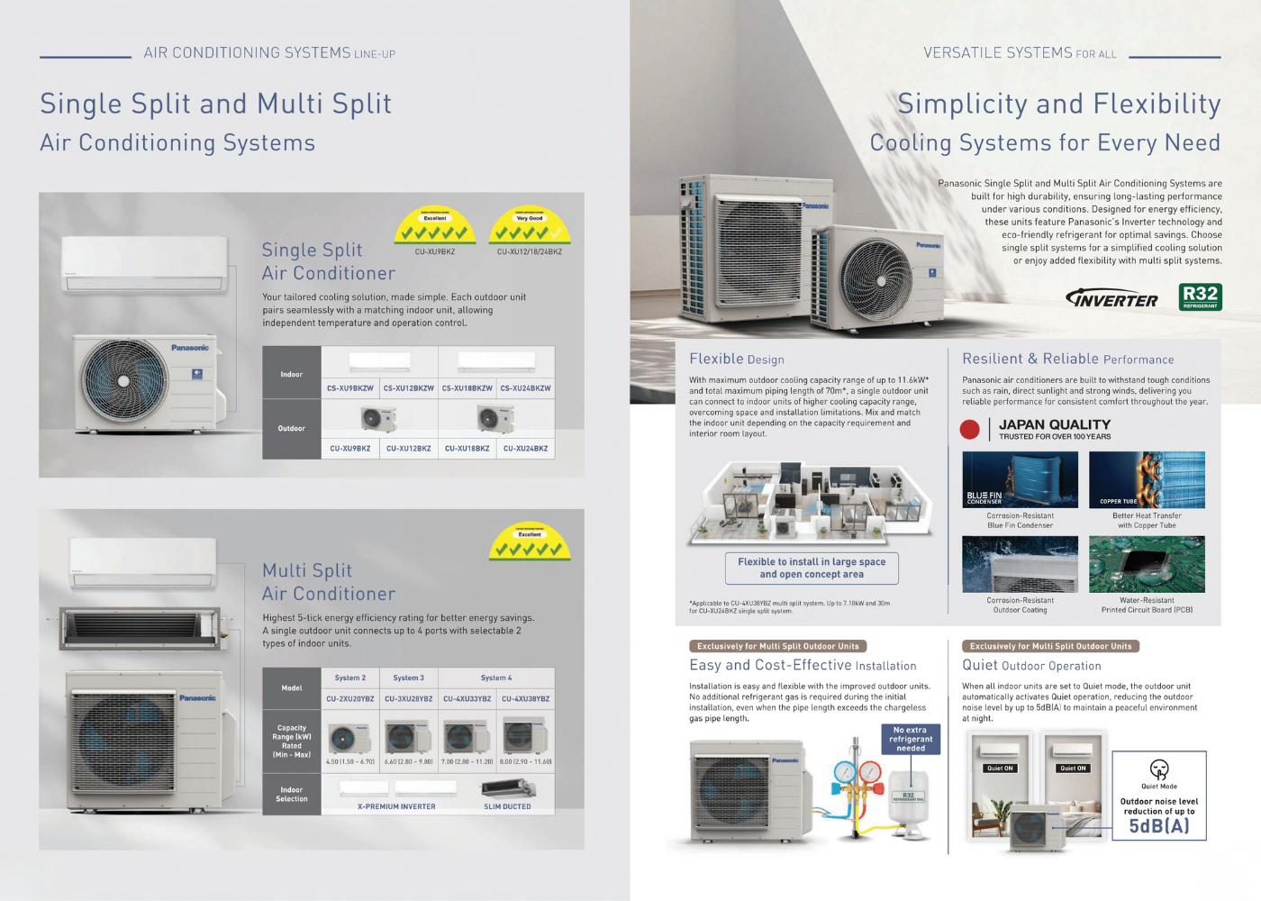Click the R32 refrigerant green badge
tap(1200, 296)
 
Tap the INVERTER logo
tap(1111, 299)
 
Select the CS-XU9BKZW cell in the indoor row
tap(350, 388)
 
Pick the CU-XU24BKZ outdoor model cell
tap(525, 448)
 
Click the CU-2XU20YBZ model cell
tap(350, 698)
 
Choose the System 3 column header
tap(408, 678)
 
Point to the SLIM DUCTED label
tap(507, 806)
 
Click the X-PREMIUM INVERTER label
tap(396, 806)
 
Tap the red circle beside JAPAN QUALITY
tap(970, 430)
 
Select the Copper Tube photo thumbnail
tap(1147, 480)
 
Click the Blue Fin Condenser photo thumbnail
tap(1020, 480)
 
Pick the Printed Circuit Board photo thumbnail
tap(1147, 564)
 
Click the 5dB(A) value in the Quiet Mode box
tap(1158, 826)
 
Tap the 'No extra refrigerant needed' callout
tap(910, 739)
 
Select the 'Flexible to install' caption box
tap(812, 568)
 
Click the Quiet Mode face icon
tap(1159, 769)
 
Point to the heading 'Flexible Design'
tap(737, 359)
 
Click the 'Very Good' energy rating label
tap(530, 218)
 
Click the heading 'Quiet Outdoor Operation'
tap(1031, 666)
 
